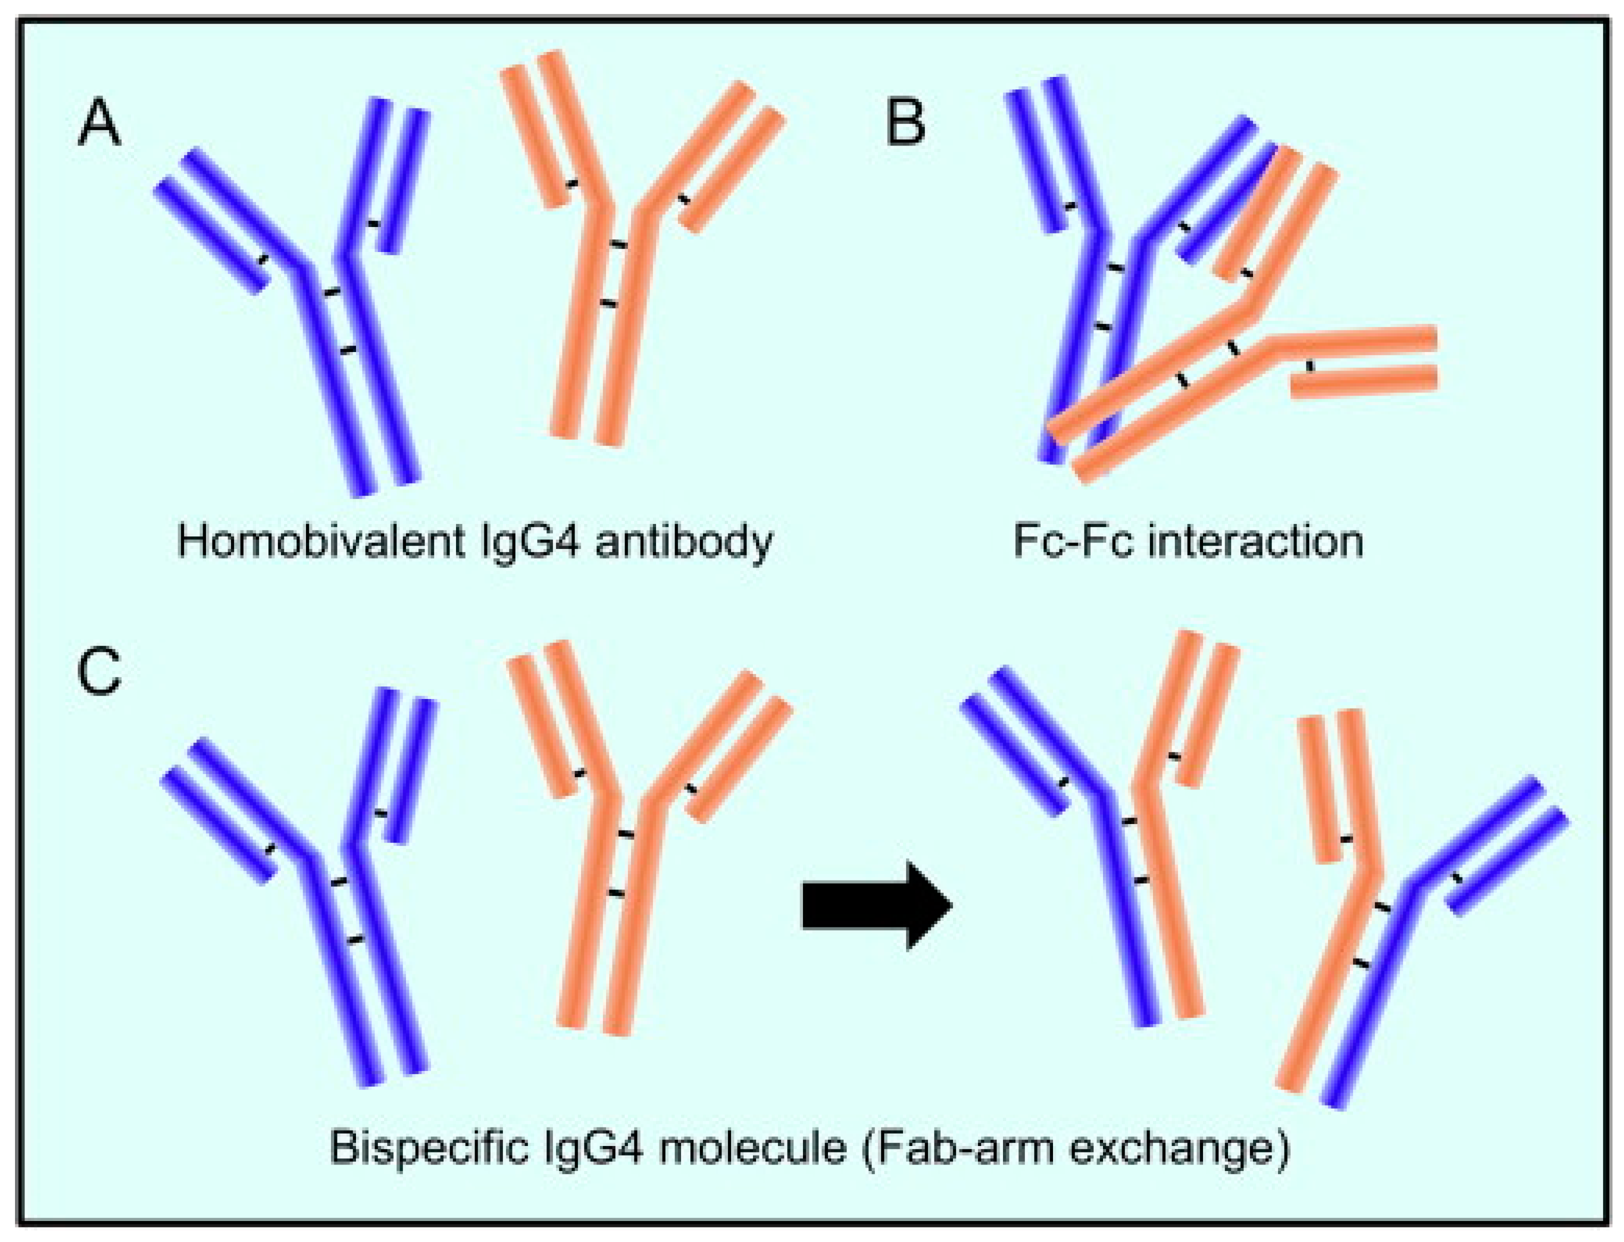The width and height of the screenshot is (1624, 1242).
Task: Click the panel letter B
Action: [x=905, y=122]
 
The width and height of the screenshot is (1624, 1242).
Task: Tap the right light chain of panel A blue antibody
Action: [x=403, y=181]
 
